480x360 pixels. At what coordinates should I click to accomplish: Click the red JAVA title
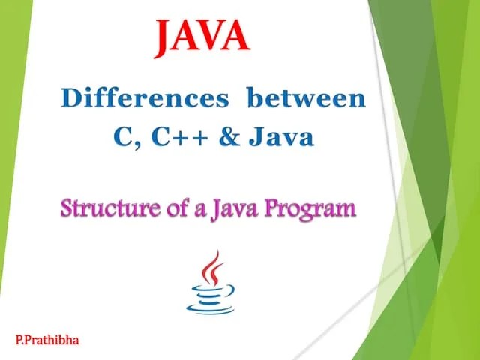coord(202,37)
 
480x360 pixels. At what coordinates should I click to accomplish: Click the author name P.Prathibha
coord(46,340)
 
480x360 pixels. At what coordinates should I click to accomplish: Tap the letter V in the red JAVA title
coord(212,37)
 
